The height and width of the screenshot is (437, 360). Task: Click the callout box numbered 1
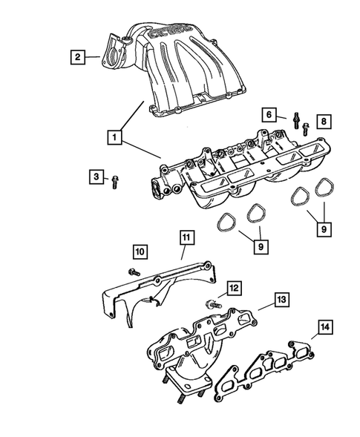[114, 138]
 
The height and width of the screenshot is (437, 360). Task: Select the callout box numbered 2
[75, 55]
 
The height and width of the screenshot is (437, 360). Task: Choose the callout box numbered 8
[323, 121]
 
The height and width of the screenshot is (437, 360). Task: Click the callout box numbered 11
[186, 238]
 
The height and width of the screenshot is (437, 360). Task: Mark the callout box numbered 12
[233, 288]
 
